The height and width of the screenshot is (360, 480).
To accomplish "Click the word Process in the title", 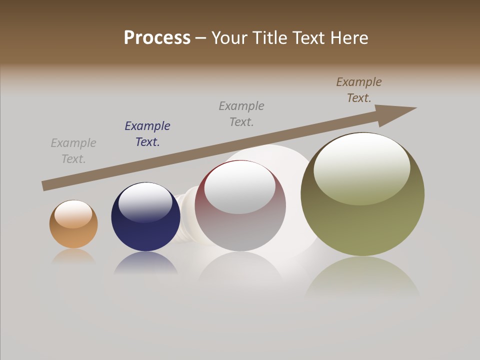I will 157,38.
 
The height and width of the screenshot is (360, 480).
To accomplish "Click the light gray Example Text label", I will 73,151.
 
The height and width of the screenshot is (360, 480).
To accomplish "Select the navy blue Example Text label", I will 147,134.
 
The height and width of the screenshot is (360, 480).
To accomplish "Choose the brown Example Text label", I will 359,90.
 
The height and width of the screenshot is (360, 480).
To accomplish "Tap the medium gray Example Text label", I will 241,114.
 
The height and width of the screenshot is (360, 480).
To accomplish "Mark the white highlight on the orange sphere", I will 73,213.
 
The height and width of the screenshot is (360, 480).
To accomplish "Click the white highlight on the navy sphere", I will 145,202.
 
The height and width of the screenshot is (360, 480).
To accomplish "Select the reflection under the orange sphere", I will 73,256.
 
